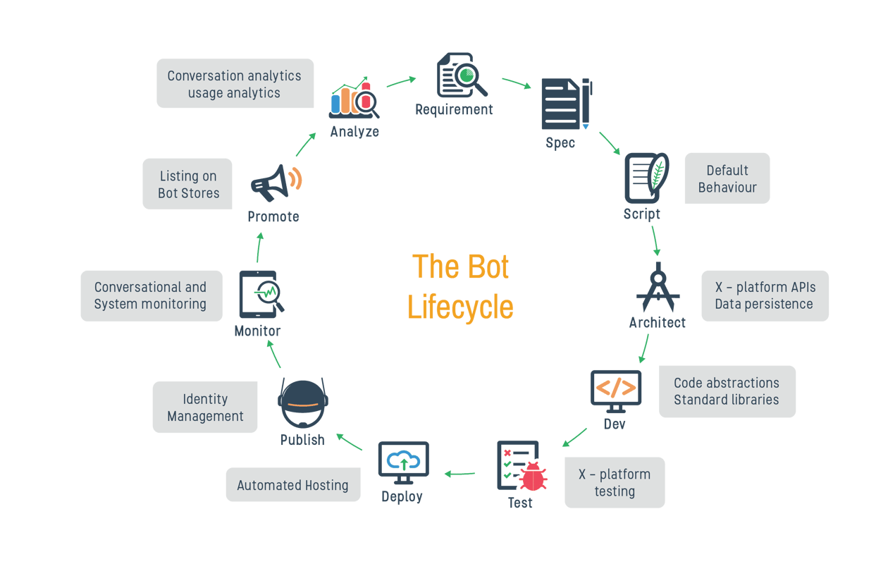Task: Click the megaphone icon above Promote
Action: pos(275,183)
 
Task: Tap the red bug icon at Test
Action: pos(534,477)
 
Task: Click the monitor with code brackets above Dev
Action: pos(616,390)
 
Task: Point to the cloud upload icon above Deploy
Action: pos(403,462)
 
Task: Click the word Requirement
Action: pos(454,110)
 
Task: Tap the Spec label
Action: pos(560,143)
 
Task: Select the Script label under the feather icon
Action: pos(642,214)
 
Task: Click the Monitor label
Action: pos(257,331)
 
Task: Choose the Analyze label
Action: pos(354,132)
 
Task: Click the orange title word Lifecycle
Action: pos(460,307)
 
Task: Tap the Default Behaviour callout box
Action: pos(727,179)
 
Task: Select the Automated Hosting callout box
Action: pos(292,485)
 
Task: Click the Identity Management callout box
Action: pos(205,407)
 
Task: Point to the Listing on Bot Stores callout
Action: pos(188,184)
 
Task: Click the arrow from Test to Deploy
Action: pos(460,474)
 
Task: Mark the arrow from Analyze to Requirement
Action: pos(401,82)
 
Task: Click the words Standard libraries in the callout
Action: pos(726,400)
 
